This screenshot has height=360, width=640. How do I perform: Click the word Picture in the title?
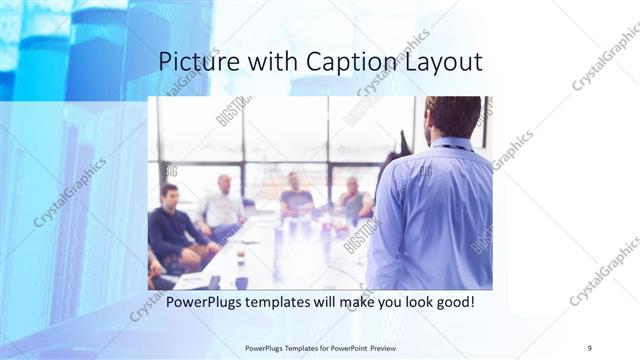(x=194, y=62)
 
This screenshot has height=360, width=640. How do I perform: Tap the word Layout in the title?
(x=443, y=62)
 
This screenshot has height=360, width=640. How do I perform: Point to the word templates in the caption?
(x=290, y=302)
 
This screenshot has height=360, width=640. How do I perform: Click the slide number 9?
(x=590, y=349)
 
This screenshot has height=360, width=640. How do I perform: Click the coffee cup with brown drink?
(x=240, y=257)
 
